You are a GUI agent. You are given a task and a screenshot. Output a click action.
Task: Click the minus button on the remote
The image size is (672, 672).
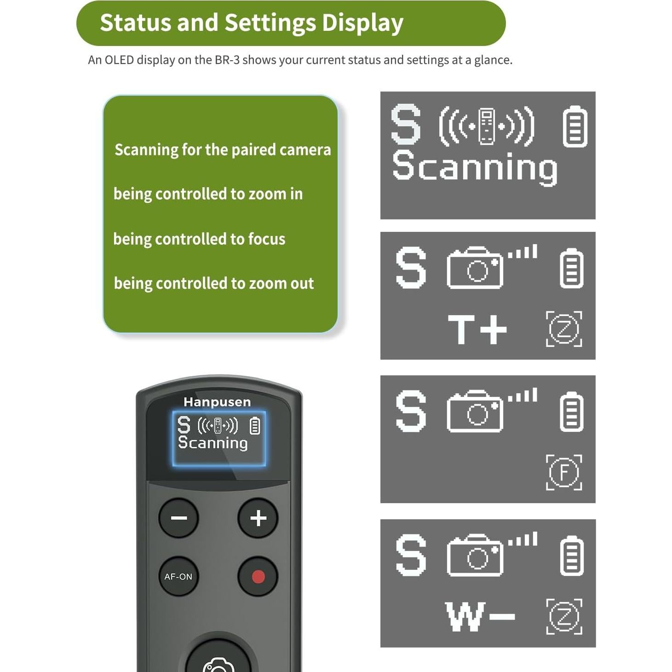(x=178, y=518)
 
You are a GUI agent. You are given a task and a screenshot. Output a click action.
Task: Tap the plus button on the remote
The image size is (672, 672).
(x=258, y=518)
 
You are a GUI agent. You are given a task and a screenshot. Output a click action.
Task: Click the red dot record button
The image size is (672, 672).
(x=258, y=576)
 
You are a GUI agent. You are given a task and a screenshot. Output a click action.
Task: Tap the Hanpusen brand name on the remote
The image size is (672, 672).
(x=217, y=402)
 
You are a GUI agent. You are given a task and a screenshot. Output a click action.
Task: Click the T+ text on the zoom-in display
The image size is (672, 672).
(x=477, y=329)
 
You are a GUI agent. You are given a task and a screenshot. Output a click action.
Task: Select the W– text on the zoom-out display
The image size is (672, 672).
(x=480, y=616)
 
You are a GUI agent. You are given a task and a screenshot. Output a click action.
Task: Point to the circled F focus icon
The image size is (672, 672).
(x=564, y=472)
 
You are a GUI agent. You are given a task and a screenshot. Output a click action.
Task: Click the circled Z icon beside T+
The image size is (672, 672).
(x=564, y=329)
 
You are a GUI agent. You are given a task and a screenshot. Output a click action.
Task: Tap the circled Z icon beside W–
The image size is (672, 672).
(x=564, y=616)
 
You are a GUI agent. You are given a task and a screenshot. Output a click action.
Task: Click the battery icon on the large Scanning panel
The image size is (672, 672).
(x=575, y=126)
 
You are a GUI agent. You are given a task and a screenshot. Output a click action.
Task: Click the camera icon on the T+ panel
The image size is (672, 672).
(x=475, y=268)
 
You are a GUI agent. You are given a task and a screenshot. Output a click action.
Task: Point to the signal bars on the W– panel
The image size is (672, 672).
(x=523, y=539)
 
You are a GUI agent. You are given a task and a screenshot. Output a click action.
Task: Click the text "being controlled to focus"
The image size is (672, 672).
(x=199, y=239)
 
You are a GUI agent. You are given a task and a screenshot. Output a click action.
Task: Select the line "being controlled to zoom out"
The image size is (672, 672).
(x=214, y=283)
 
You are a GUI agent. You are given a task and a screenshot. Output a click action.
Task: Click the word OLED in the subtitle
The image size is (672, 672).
(x=119, y=60)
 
